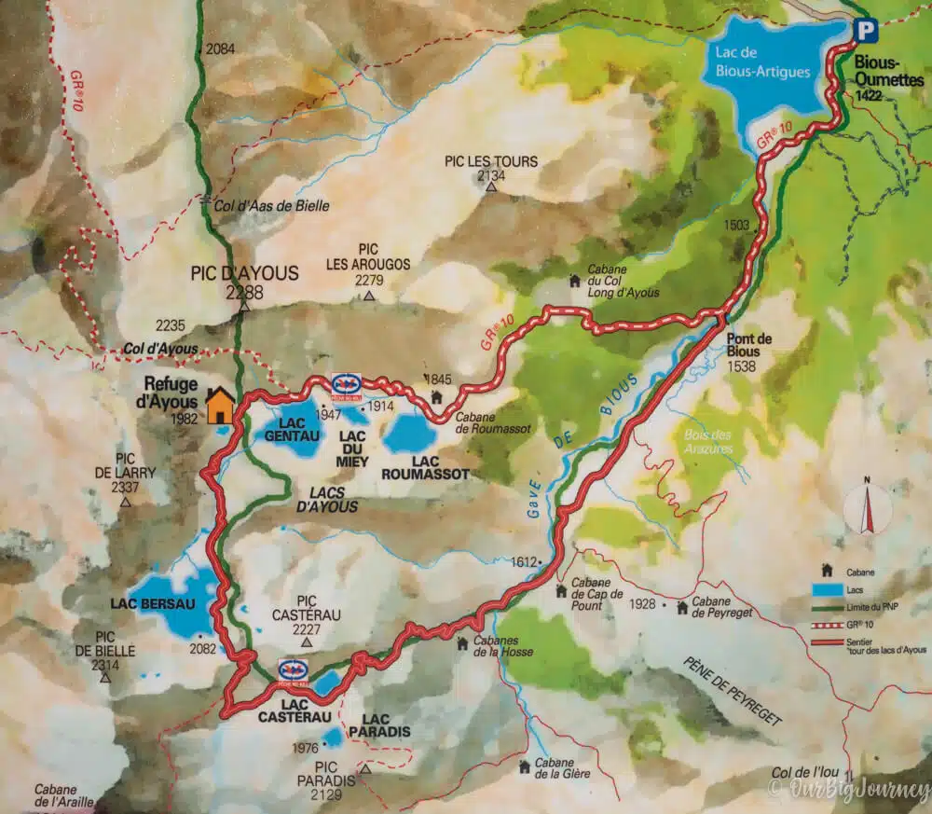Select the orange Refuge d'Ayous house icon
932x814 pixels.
(220, 406)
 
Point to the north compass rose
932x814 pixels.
(867, 508)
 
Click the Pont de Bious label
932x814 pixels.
(744, 346)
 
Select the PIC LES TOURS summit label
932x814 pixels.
(491, 161)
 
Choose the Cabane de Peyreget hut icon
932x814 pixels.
(682, 608)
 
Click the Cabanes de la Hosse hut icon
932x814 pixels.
(462, 642)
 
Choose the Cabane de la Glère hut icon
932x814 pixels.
(524, 766)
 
